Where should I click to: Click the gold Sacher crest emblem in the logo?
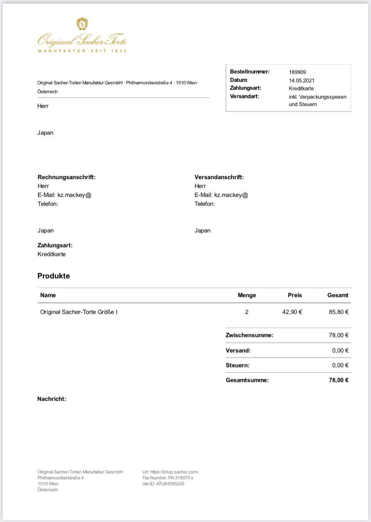point(82,24)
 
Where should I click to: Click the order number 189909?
point(298,72)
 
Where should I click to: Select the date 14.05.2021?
point(302,80)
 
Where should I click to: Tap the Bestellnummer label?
point(250,72)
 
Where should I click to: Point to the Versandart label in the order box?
point(244,96)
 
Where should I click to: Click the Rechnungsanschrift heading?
point(66,177)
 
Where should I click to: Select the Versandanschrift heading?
point(219,177)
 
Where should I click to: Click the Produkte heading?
point(53,276)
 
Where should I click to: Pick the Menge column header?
point(247,295)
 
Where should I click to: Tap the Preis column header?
point(295,295)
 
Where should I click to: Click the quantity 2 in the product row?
point(247,312)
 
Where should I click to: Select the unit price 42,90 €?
point(292,312)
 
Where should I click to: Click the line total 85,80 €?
point(339,312)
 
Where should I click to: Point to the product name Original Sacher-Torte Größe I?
point(79,312)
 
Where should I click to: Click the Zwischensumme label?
point(249,335)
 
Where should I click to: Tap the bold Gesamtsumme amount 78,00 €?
point(339,380)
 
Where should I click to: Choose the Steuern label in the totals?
point(237,365)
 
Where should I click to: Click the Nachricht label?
point(51,399)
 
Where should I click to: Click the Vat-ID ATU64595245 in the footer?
point(163,484)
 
